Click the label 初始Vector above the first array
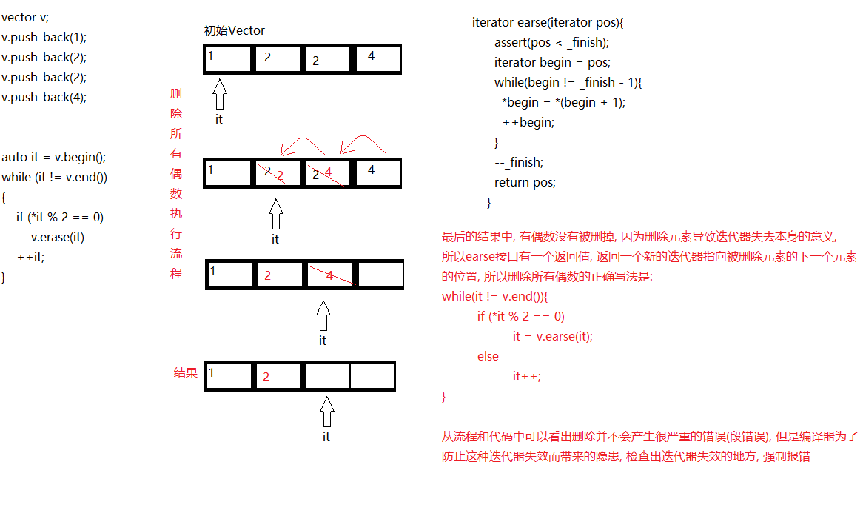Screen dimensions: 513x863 [234, 31]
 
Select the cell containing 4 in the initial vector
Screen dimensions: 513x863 [377, 58]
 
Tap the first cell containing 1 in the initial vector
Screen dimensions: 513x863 [229, 58]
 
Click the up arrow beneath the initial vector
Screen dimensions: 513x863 [219, 95]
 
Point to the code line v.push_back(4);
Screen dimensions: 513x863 [44, 97]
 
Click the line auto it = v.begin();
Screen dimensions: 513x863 [54, 157]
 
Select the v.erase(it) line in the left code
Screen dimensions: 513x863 [57, 237]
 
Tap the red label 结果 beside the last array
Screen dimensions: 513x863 [186, 372]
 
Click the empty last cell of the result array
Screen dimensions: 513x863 [372, 376]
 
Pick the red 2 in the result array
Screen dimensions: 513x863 [266, 377]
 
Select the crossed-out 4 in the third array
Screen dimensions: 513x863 [329, 276]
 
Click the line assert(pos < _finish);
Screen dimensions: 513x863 [551, 42]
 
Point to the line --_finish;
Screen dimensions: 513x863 [519, 162]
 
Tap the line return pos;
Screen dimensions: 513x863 [525, 182]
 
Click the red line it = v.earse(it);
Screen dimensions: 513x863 [553, 336]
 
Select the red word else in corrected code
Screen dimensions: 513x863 [488, 356]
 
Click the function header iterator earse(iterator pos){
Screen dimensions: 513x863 [548, 22]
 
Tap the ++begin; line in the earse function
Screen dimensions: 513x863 [528, 122]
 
